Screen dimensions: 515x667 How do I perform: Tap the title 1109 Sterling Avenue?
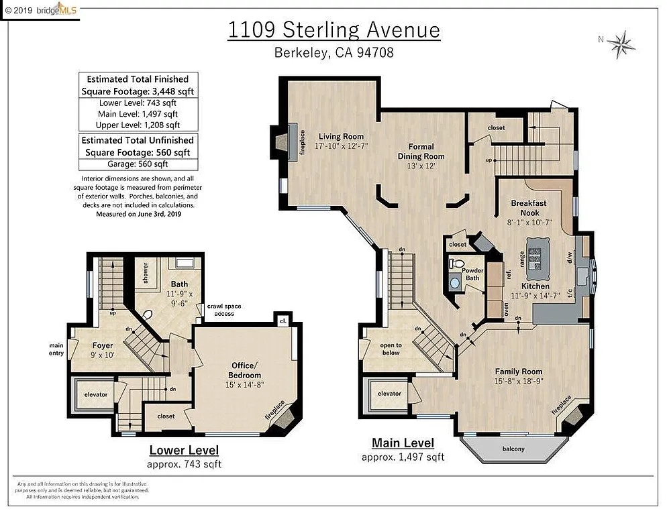[x=333, y=30]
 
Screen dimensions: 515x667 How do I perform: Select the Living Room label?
[x=341, y=136]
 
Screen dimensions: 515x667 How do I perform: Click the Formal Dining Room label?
[x=421, y=151]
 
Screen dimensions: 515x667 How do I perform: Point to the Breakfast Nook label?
[x=529, y=207]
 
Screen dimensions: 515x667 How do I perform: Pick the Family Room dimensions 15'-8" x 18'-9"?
[x=519, y=382]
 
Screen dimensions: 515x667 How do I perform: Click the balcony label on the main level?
[x=513, y=449]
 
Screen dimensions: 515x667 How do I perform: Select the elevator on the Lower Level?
[x=96, y=394]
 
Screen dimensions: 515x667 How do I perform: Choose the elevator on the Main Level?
[x=389, y=394]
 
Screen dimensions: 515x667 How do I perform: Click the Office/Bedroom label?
[x=246, y=370]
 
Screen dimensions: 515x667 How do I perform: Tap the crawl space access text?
[x=224, y=310]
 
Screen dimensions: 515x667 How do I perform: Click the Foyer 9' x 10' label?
[x=103, y=351]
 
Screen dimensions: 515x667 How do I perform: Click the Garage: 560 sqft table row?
[x=138, y=164]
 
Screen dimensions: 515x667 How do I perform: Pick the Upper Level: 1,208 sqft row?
[x=138, y=124]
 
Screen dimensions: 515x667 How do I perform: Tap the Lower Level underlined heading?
[x=183, y=450]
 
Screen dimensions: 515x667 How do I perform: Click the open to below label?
[x=390, y=349]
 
